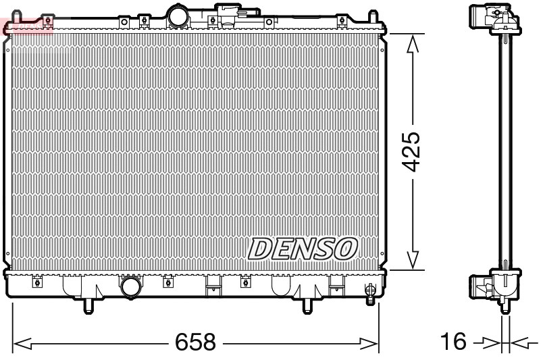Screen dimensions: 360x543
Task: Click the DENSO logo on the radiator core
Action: click(302, 248)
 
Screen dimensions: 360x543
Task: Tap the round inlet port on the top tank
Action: click(180, 16)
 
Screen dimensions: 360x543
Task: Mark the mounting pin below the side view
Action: click(504, 308)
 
